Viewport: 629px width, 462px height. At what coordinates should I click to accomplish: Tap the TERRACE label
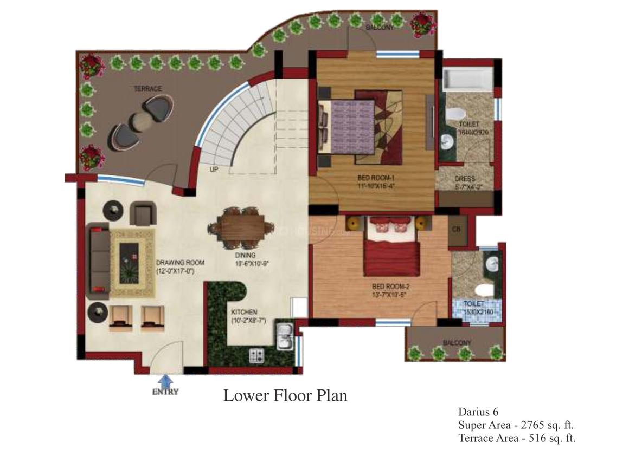[147, 88]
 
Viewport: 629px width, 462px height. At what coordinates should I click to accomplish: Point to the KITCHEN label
[244, 313]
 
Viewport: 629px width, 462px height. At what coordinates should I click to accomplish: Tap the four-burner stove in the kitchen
[256, 355]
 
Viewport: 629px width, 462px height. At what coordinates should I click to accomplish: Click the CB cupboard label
[457, 229]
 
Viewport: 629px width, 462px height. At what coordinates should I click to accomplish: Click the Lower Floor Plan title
[285, 396]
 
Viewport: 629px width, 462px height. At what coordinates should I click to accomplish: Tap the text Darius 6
[482, 412]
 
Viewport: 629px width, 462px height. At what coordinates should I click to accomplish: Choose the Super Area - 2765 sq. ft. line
[516, 425]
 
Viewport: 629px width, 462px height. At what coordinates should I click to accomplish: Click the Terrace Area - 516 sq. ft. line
[517, 438]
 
